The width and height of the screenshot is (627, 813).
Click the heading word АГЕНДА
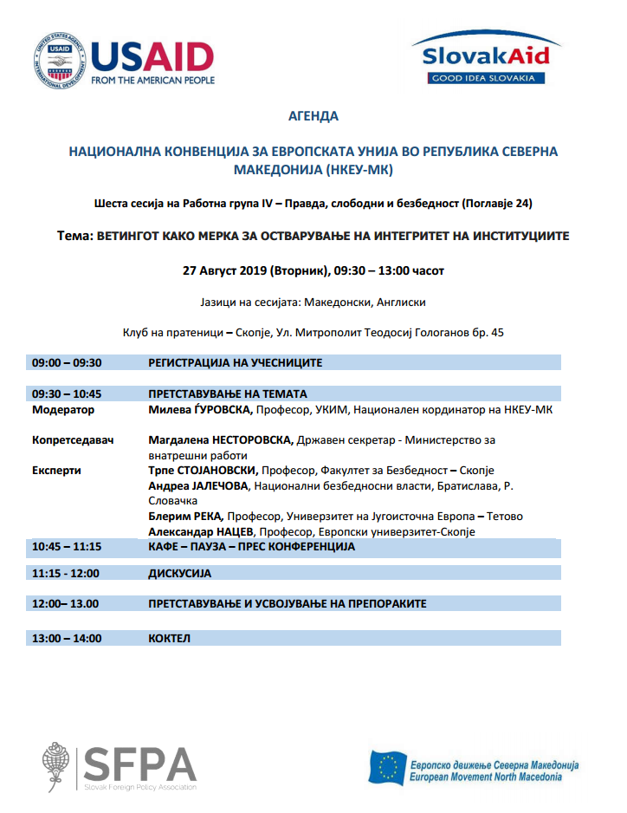(313, 115)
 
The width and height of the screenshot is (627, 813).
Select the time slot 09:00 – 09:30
(67, 363)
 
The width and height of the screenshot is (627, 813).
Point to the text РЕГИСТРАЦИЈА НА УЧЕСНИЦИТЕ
(236, 363)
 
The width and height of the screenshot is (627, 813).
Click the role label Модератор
(63, 409)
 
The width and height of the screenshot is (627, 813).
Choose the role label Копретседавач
(74, 440)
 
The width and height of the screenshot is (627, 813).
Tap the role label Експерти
(57, 470)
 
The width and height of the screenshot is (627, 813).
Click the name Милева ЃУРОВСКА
(200, 409)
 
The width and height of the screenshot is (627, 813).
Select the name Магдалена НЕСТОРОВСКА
(221, 440)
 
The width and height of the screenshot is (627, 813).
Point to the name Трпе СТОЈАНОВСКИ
(204, 470)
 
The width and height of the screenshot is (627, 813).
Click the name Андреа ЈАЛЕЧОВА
(198, 485)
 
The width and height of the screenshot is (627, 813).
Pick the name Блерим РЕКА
(186, 516)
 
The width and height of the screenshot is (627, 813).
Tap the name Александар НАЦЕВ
(202, 531)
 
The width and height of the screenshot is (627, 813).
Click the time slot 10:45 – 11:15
(67, 547)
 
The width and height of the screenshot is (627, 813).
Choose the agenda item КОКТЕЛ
(170, 638)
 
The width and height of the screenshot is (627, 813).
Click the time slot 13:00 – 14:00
(67, 638)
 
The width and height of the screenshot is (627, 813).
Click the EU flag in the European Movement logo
(385, 766)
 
